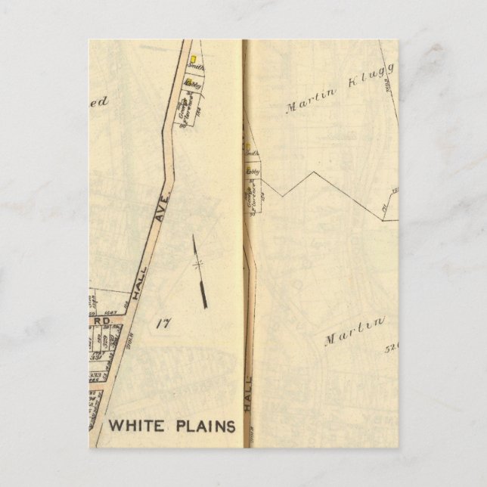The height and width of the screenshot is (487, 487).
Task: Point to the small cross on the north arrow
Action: pyautogui.click(x=198, y=264)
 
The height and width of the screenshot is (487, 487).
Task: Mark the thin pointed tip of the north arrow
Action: pyautogui.click(x=194, y=239)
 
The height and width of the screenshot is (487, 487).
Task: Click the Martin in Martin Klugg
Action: pyautogui.click(x=307, y=102)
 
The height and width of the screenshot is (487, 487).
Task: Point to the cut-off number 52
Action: pyautogui.click(x=391, y=349)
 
